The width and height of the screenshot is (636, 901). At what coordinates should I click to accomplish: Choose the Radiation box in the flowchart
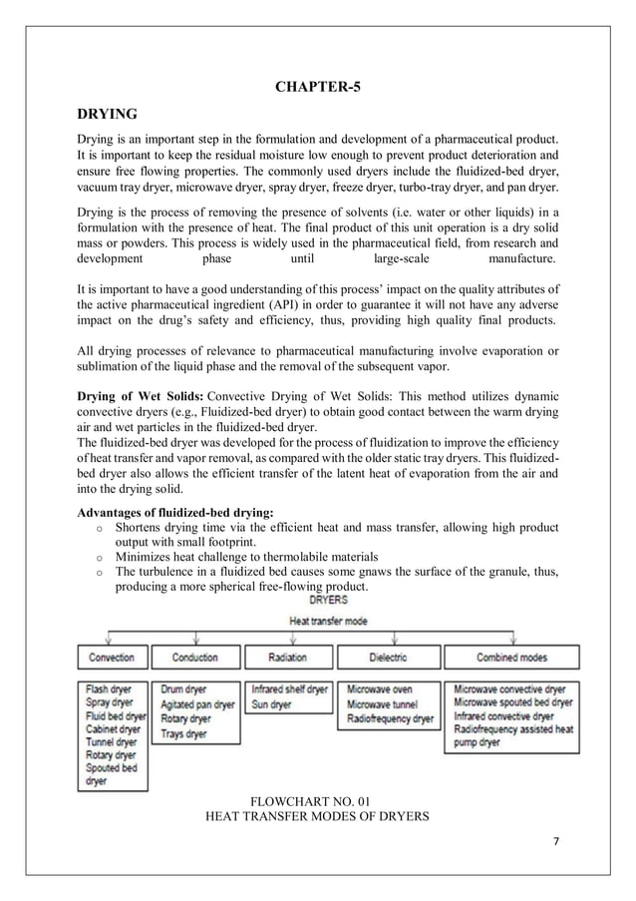coord(287,658)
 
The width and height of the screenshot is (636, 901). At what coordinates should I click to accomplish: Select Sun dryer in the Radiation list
coord(272,704)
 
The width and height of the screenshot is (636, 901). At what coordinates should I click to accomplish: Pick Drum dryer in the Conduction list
coord(185,689)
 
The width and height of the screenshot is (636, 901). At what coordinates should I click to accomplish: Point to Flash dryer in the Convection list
coord(110,689)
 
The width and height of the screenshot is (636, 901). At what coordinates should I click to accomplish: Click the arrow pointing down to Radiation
coord(289,639)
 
